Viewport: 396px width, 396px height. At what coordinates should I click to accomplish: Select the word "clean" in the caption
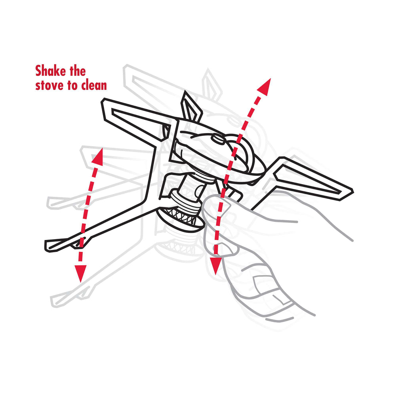point(94,85)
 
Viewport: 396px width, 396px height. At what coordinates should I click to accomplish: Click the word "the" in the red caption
point(78,71)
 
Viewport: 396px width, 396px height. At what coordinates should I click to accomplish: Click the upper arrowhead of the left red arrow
point(98,157)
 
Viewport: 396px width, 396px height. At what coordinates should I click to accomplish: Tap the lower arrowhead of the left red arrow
point(80,273)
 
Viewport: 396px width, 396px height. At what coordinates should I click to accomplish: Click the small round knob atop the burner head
point(218,139)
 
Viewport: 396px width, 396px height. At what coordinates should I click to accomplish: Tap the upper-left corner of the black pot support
point(103,100)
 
